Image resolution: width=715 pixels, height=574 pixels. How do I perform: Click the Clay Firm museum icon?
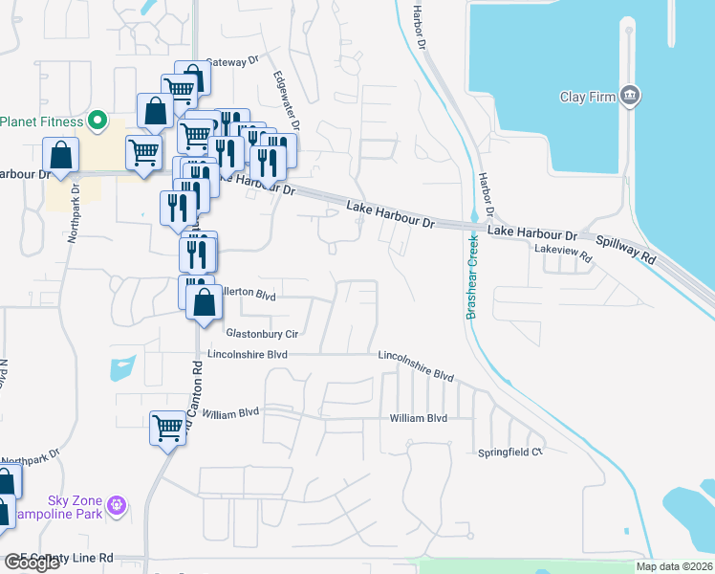[x=630, y=95]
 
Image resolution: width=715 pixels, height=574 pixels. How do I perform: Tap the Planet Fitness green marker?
[x=96, y=121]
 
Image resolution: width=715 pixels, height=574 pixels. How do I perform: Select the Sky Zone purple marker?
[x=117, y=504]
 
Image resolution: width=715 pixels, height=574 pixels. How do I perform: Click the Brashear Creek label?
[x=471, y=277]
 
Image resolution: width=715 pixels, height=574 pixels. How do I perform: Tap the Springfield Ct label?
[x=510, y=452]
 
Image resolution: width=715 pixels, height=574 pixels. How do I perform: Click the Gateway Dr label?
[x=232, y=60]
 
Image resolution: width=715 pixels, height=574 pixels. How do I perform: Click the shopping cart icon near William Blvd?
[x=167, y=427]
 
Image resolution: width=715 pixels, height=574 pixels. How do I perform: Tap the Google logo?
[x=31, y=563]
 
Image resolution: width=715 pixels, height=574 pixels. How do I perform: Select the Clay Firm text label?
[x=586, y=97]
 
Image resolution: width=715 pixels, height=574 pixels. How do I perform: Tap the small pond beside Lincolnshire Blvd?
[x=123, y=367]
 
